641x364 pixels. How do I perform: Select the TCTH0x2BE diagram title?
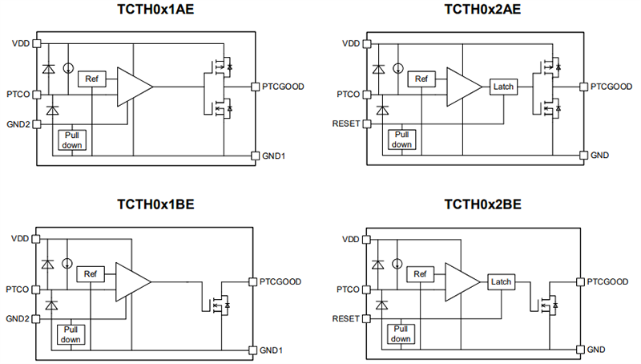482,204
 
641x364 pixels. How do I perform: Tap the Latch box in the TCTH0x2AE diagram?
504,86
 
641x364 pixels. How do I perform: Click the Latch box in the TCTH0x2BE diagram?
501,281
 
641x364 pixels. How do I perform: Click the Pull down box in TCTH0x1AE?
72,140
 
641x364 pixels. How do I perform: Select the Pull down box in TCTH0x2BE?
401,335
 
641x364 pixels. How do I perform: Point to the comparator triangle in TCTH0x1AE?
132,86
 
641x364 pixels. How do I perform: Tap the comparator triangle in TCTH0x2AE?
462,86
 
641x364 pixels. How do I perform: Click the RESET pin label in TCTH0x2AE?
347,123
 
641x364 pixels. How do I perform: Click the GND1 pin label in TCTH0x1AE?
273,155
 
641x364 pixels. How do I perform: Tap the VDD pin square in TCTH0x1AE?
37,43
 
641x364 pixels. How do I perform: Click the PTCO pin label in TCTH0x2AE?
348,94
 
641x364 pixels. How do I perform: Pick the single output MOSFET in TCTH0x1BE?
217,305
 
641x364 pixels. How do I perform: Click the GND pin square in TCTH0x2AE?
583,155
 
